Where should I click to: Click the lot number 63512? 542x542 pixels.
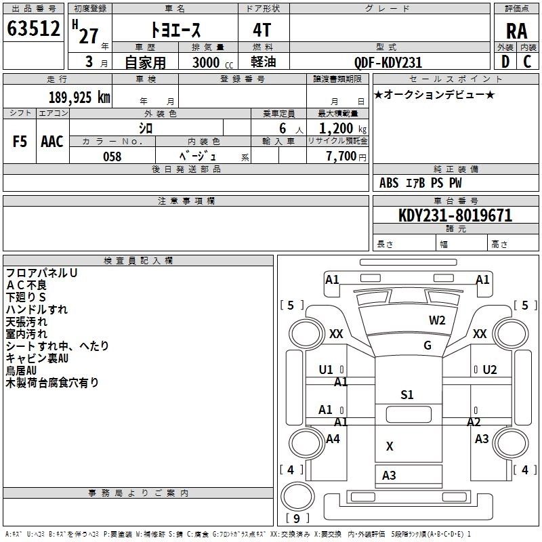coord(33,30)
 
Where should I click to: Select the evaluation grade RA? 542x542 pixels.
coord(516,31)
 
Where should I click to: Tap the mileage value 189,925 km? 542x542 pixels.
coord(79,97)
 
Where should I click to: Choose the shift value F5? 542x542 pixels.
coord(20,141)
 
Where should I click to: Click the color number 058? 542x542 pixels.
coord(112,157)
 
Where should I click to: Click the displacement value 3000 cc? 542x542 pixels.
coord(212,62)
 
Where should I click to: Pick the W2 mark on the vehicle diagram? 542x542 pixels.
coord(437,320)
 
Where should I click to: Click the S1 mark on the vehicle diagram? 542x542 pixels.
coord(406,395)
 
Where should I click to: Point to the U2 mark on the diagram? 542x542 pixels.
coord(489,370)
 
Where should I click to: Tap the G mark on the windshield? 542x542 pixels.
coord(428,346)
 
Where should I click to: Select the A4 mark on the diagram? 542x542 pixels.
coord(333,439)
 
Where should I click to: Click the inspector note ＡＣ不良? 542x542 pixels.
coord(26,285)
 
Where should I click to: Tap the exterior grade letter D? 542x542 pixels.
coord(505,62)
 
